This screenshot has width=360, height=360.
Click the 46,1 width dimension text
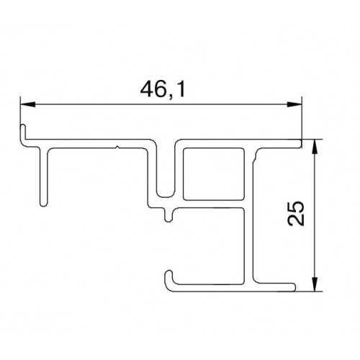point(163,89)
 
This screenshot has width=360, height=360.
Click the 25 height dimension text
point(296,214)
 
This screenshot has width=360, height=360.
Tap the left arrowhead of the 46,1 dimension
point(28,104)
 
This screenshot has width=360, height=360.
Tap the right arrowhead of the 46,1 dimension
point(294,104)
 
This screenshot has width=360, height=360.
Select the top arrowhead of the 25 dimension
point(315,146)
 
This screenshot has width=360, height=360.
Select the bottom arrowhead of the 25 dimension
point(315,284)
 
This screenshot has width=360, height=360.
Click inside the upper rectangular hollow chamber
point(214,174)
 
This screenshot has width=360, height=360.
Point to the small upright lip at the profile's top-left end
point(23,132)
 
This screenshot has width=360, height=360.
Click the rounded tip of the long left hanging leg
point(43,204)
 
